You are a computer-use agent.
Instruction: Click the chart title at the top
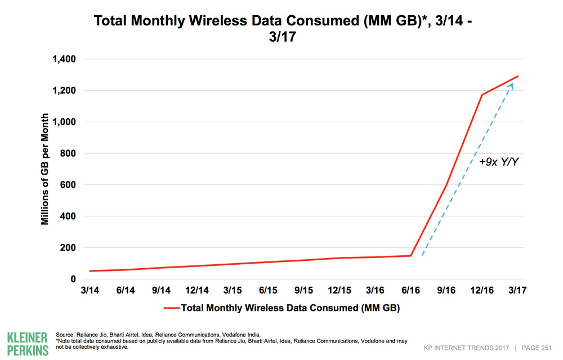point(281,29)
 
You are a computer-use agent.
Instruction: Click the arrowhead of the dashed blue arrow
point(511,85)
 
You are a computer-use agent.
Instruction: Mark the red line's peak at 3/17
point(518,76)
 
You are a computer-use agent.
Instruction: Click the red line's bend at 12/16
point(482,95)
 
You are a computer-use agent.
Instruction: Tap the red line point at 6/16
point(411,256)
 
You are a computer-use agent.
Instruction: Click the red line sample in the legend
point(171,308)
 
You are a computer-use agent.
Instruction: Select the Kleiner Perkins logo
point(28,343)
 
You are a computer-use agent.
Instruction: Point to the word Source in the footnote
point(66,335)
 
